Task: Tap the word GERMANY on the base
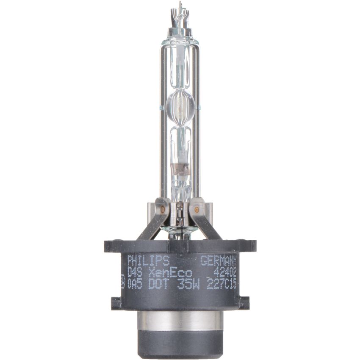[x=218, y=259]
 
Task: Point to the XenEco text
[x=172, y=271]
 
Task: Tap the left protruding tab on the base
[x=116, y=302]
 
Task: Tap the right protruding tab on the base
[x=244, y=302]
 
